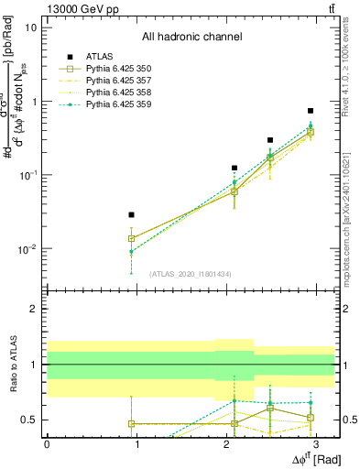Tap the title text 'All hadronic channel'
pyautogui.click(x=191, y=38)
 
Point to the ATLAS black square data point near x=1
pyautogui.click(x=131, y=214)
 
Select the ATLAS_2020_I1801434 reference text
pyautogui.click(x=191, y=274)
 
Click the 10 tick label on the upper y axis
pyautogui.click(x=31, y=27)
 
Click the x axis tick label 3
pyautogui.click(x=316, y=443)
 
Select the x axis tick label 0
pyautogui.click(x=47, y=443)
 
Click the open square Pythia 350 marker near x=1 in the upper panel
pyautogui.click(x=131, y=238)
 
